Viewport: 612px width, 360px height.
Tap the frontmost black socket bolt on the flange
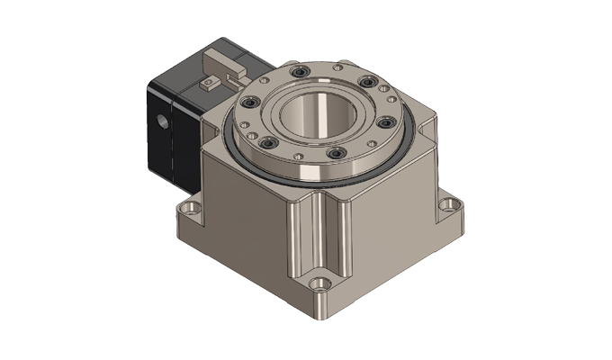335,155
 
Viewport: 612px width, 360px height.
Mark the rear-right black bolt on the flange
366,84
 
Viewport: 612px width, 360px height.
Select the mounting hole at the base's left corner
188,210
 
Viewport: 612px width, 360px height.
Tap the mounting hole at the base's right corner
448,204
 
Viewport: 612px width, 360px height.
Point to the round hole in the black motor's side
162,121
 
